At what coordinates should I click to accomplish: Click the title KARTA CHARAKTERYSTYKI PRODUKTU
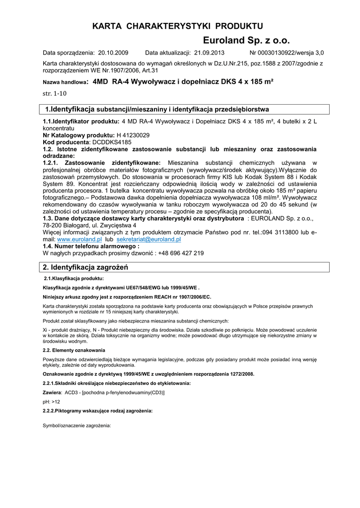[x=177, y=26]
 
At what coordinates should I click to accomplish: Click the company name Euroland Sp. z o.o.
[x=246, y=41]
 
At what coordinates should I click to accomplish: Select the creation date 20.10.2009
[x=114, y=53]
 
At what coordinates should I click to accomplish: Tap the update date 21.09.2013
[x=209, y=53]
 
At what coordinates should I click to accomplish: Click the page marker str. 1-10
[x=55, y=93]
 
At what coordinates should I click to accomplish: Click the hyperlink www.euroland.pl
[x=79, y=239]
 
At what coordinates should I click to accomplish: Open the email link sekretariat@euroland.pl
[x=148, y=239]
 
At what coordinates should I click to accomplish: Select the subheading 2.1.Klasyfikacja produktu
[x=74, y=279]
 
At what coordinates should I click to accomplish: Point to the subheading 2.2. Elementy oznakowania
[x=74, y=350]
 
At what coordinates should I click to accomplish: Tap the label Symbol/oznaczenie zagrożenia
[x=77, y=426]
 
